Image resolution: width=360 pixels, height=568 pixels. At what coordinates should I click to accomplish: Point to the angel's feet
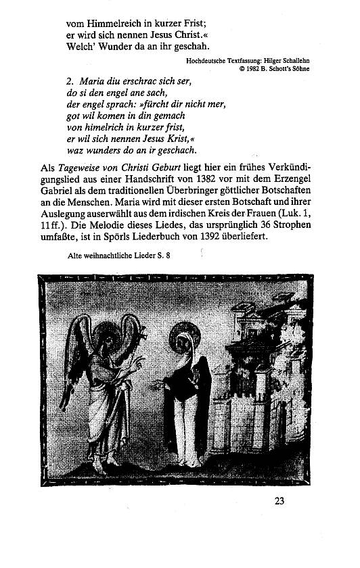coord(105,466)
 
